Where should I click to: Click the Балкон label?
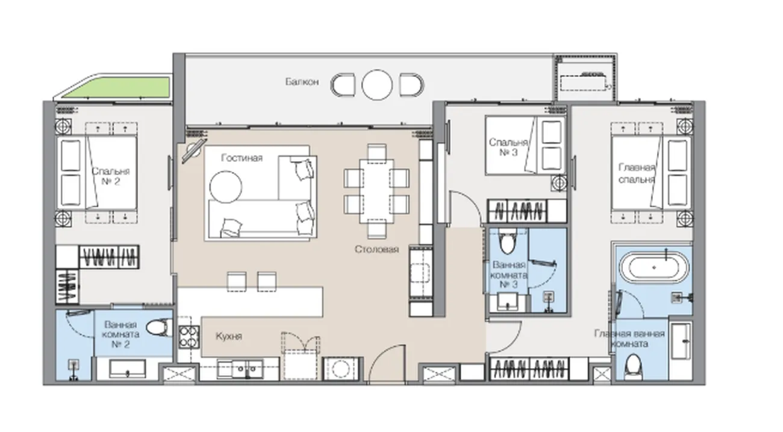click(x=302, y=82)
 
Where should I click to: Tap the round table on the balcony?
click(x=377, y=85)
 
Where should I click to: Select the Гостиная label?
click(x=242, y=158)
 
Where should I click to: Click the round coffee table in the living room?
click(x=226, y=187)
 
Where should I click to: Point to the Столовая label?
click(x=377, y=249)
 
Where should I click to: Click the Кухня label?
click(x=229, y=336)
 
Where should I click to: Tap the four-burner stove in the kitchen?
click(x=189, y=338)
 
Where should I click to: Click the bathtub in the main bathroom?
click(x=654, y=268)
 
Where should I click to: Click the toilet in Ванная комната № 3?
click(x=508, y=241)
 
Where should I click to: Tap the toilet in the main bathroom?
click(x=633, y=367)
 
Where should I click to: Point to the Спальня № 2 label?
click(x=111, y=176)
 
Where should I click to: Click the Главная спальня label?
click(x=637, y=173)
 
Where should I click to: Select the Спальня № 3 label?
click(x=508, y=147)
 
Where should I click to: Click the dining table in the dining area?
click(x=377, y=191)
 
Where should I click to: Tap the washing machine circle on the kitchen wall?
click(x=341, y=368)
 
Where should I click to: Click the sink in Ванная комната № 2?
click(x=128, y=369)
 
